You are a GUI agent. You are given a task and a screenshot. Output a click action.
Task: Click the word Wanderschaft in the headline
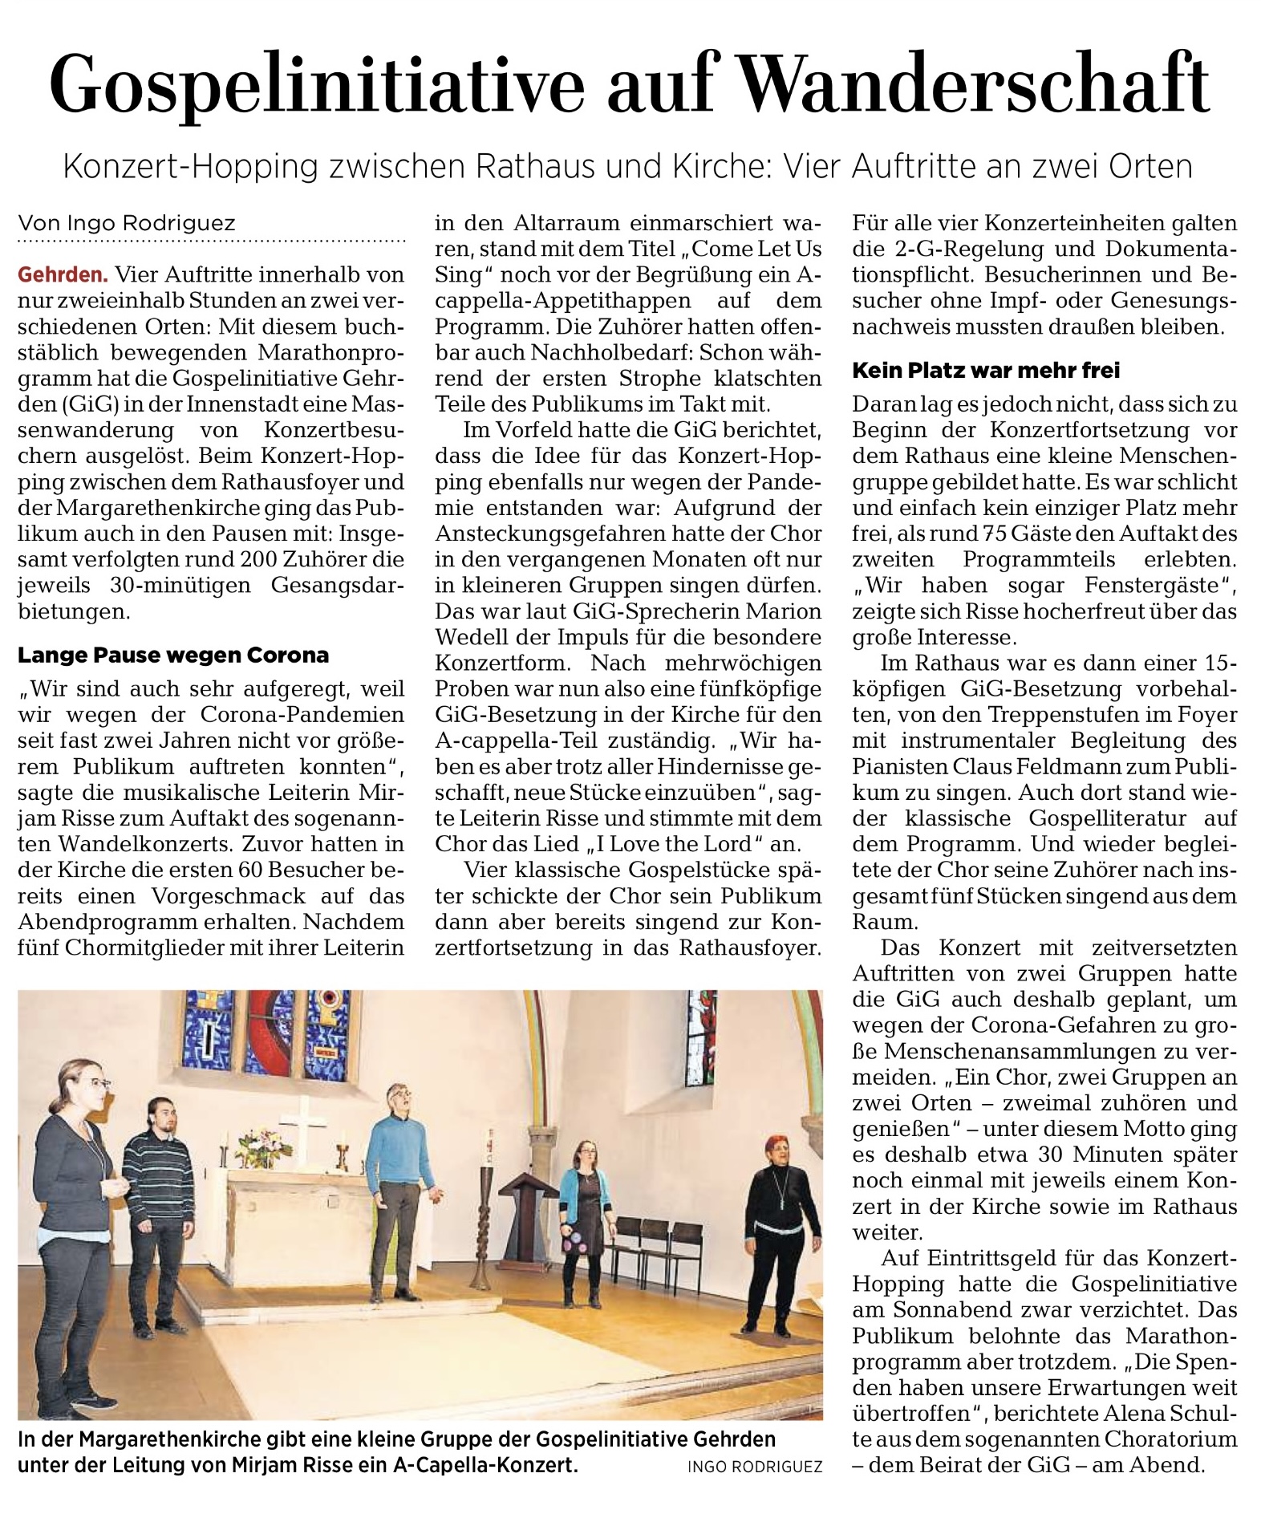(x=972, y=83)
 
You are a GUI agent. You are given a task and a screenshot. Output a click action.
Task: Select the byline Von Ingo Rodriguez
(x=127, y=223)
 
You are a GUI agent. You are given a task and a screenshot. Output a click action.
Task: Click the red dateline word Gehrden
(x=63, y=275)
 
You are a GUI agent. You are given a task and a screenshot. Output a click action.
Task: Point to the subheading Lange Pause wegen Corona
(x=173, y=655)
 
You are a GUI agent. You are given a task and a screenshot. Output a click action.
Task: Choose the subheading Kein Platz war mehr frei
(x=986, y=371)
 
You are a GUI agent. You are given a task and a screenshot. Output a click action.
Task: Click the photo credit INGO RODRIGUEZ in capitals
(x=754, y=1467)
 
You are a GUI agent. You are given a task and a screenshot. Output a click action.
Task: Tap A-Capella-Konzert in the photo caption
(x=485, y=1465)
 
